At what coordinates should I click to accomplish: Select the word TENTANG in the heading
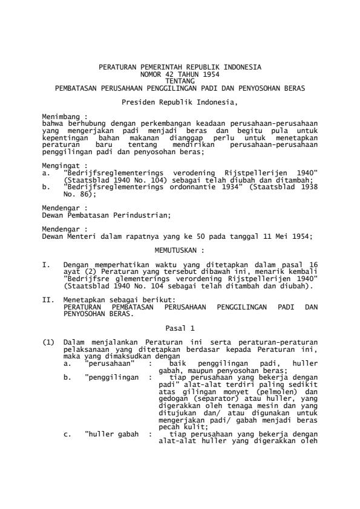click(x=180, y=80)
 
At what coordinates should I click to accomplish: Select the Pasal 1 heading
click(x=180, y=328)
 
